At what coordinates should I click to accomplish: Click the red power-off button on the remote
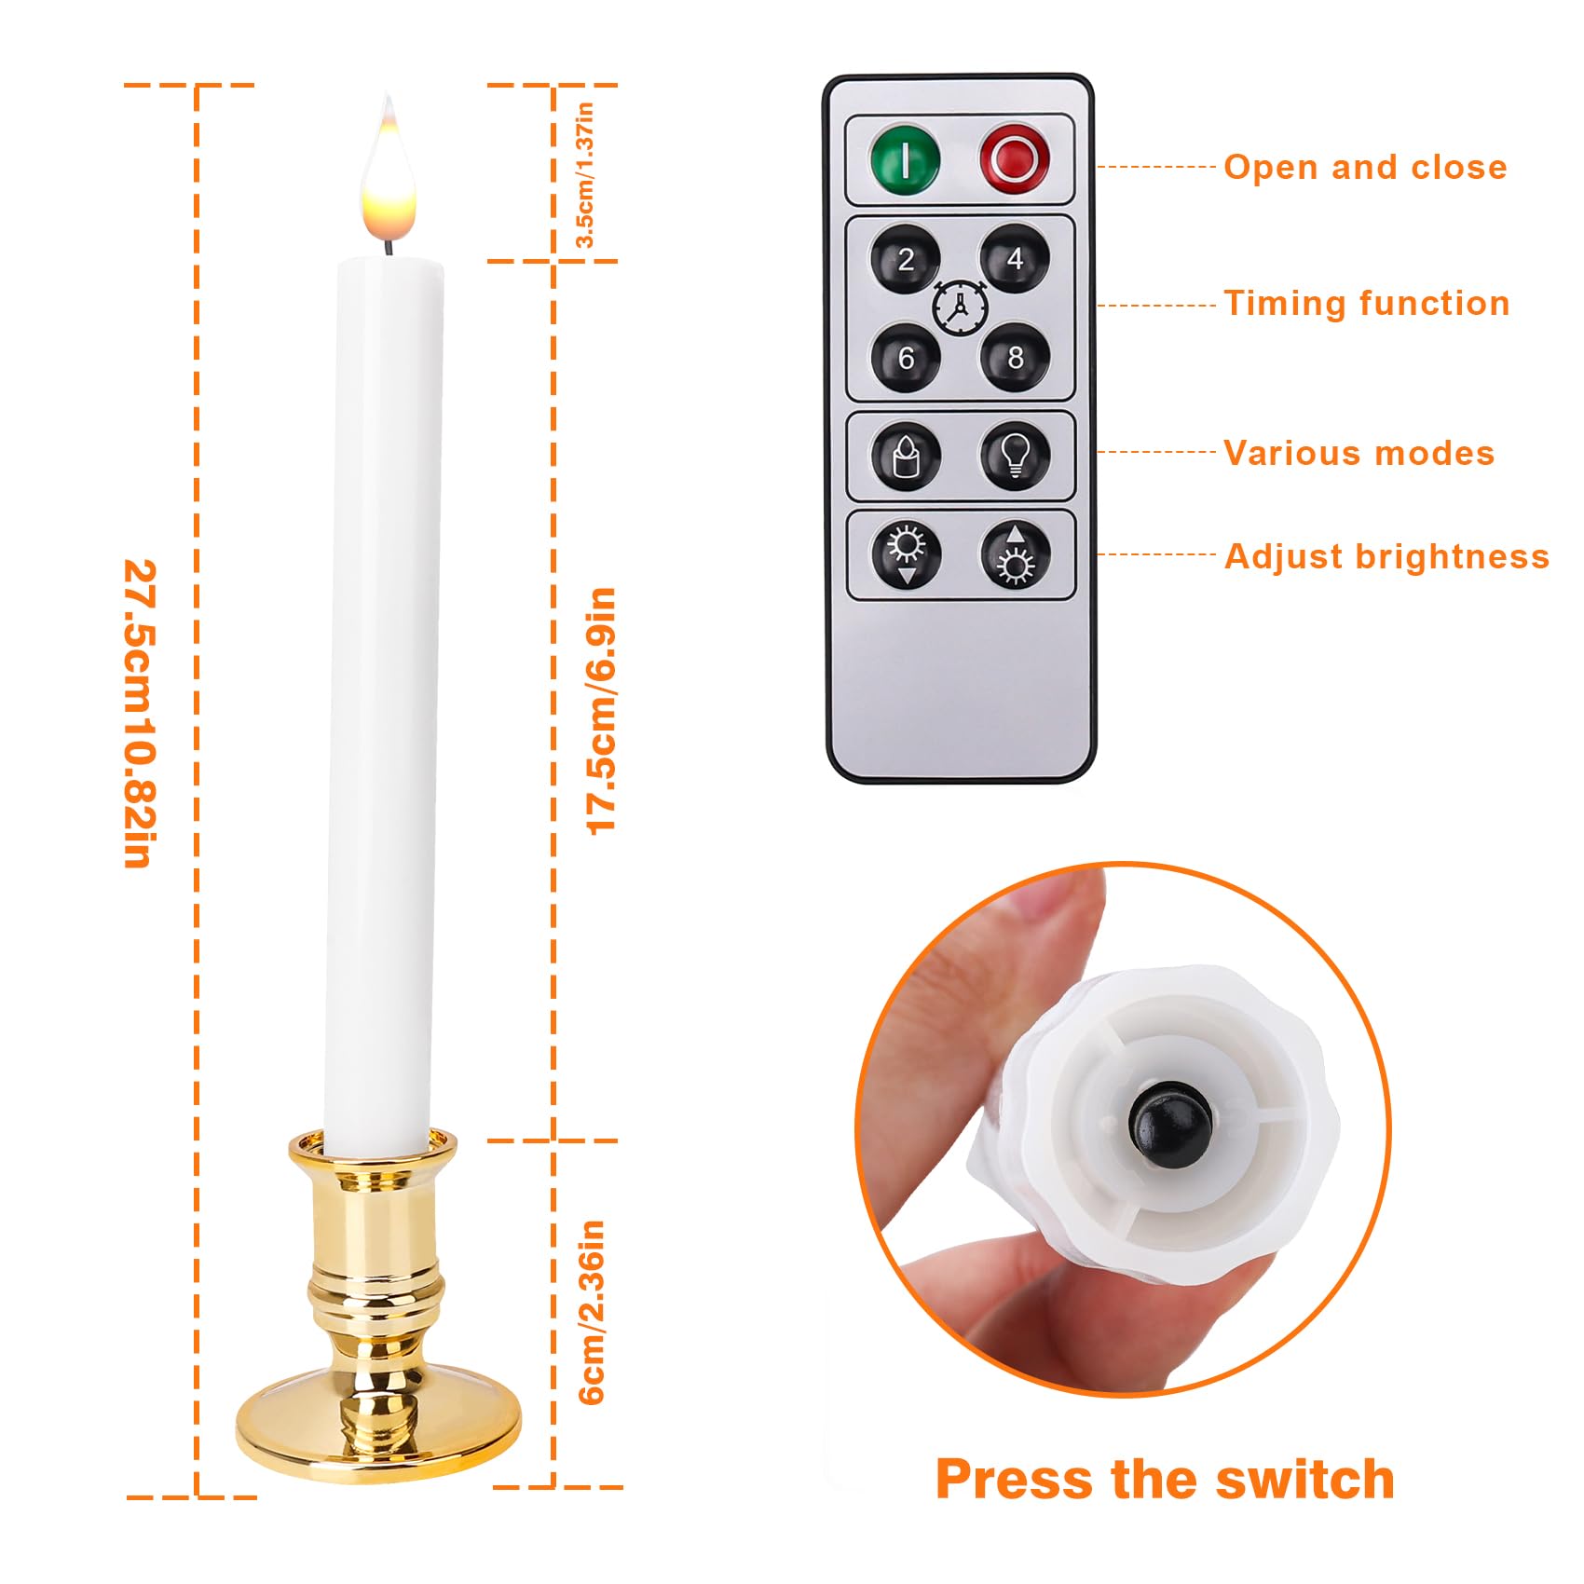click(1015, 159)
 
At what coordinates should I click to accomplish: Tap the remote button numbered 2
click(906, 260)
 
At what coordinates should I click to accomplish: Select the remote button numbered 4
click(1015, 259)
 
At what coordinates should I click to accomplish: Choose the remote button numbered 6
click(906, 359)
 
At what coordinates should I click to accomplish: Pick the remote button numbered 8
click(1015, 358)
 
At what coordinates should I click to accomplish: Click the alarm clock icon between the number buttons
click(960, 307)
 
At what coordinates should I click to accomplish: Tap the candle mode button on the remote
click(906, 457)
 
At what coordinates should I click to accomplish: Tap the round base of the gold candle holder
click(377, 1426)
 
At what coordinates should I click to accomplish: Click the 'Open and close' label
click(1364, 168)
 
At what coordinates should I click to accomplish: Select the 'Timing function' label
click(1366, 304)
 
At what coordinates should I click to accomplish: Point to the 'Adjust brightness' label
click(1386, 556)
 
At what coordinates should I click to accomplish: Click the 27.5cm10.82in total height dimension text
click(140, 713)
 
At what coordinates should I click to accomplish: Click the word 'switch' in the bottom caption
click(1304, 1480)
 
